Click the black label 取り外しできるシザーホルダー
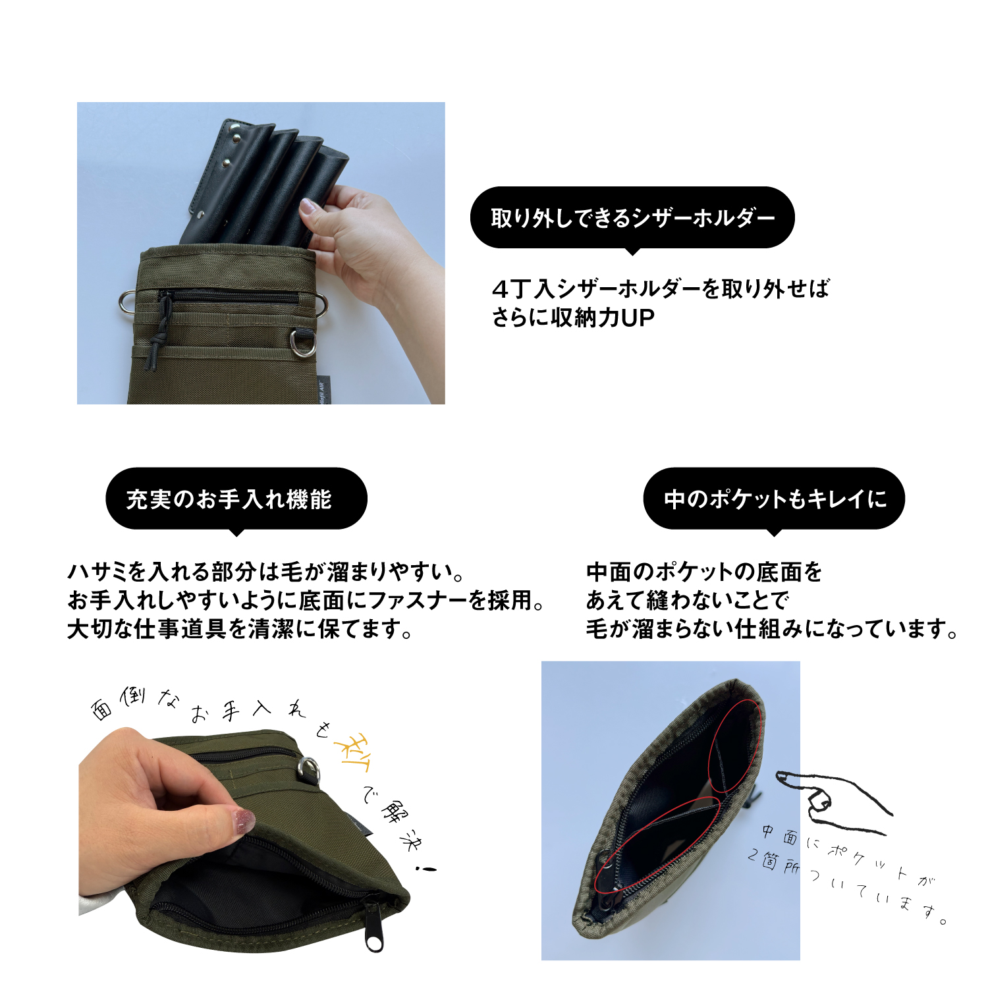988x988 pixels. pyautogui.click(x=632, y=218)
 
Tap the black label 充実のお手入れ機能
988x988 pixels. pyautogui.click(x=236, y=499)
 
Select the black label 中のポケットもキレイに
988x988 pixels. pyautogui.click(x=774, y=499)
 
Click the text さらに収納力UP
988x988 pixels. pyautogui.click(x=573, y=318)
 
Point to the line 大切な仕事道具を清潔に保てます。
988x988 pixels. pyautogui.click(x=240, y=629)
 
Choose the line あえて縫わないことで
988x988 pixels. pyautogui.click(x=688, y=600)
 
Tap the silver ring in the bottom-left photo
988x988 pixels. pyautogui.click(x=308, y=769)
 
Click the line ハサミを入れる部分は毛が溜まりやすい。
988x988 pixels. pyautogui.click(x=267, y=571)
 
